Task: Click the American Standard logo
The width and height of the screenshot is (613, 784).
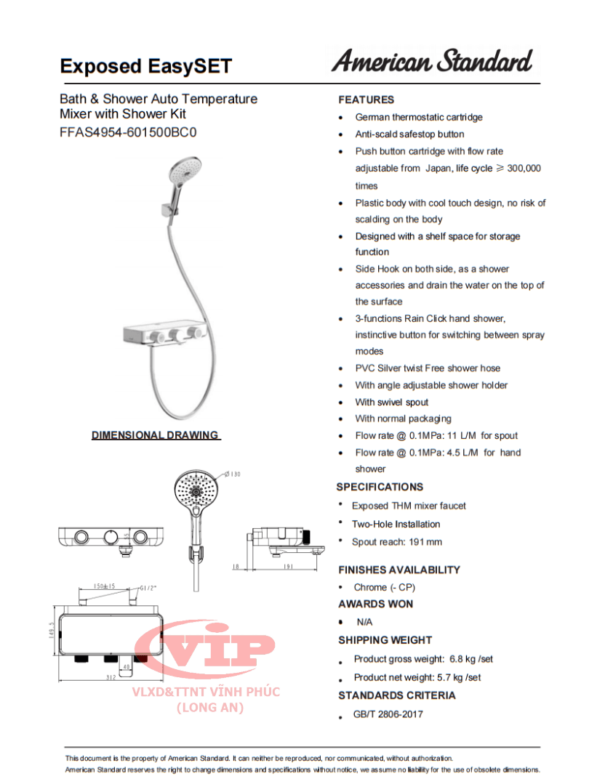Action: tap(432, 62)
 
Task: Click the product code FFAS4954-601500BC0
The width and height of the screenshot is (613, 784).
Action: tap(128, 133)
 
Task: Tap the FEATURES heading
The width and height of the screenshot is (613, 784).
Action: tap(366, 100)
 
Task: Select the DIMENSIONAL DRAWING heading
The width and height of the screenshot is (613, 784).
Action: tap(155, 435)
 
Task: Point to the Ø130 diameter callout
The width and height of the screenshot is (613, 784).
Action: tap(231, 474)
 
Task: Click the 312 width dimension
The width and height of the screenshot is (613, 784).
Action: tap(111, 677)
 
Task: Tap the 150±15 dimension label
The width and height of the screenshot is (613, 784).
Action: tap(99, 586)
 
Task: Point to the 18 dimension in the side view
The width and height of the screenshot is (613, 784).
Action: tap(236, 566)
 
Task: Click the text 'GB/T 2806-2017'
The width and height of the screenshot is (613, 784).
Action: tap(388, 714)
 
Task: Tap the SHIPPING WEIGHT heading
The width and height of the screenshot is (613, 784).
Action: tap(385, 640)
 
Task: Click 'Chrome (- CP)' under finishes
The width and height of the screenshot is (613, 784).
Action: tap(384, 587)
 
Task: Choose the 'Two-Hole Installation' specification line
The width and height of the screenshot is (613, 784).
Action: tap(396, 524)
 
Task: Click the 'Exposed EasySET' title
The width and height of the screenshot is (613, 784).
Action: tap(145, 67)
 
